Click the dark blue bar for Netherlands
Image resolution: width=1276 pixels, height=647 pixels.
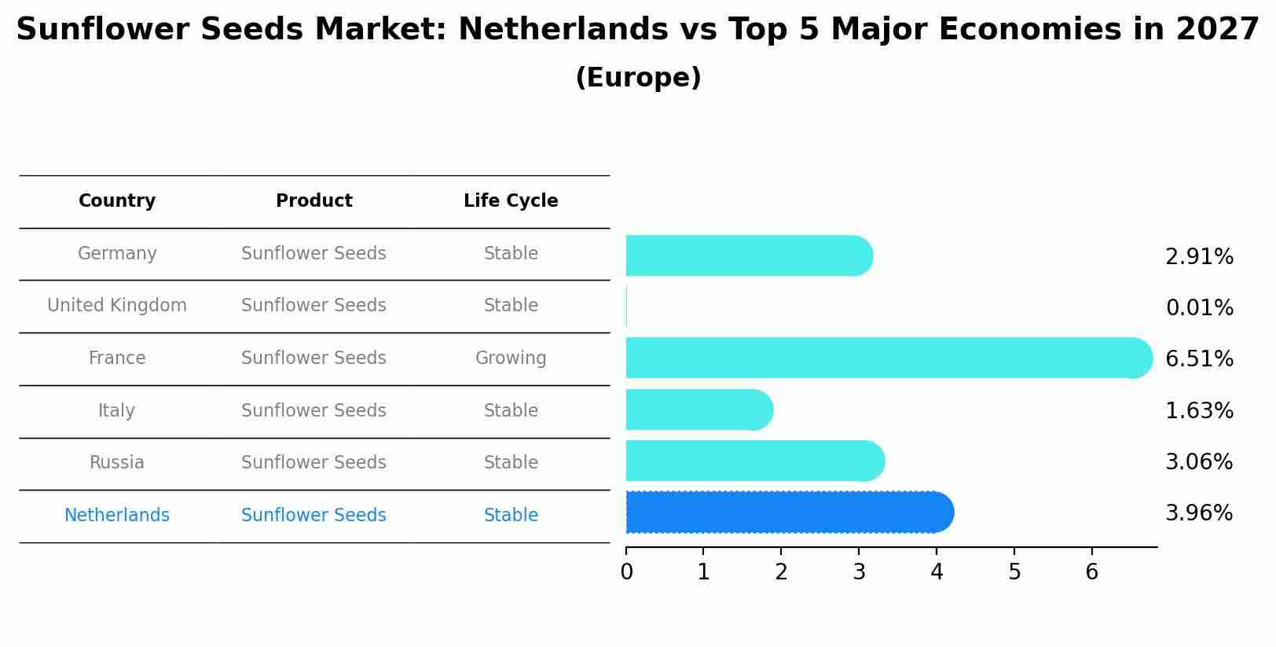click(x=786, y=513)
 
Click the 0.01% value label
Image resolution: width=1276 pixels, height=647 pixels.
click(x=1199, y=308)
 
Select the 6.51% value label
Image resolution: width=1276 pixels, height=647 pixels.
click(x=1199, y=359)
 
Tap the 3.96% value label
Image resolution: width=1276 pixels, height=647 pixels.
click(x=1199, y=513)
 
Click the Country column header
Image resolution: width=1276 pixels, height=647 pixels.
click(x=117, y=201)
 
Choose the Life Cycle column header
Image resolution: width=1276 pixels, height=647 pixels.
click(x=511, y=201)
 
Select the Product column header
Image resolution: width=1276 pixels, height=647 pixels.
click(x=313, y=201)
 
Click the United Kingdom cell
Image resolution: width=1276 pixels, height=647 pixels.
click(x=117, y=306)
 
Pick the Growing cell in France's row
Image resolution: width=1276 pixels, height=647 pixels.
click(x=511, y=358)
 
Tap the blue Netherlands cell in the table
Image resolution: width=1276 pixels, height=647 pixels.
click(x=117, y=516)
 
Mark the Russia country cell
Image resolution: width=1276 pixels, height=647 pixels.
click(x=117, y=463)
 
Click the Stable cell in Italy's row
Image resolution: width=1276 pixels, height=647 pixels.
click(x=511, y=411)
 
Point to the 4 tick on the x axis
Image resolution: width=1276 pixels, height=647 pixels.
click(x=937, y=572)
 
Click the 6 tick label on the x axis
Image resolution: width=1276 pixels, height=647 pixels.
click(x=1091, y=572)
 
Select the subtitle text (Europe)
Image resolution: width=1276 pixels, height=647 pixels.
click(x=638, y=78)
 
